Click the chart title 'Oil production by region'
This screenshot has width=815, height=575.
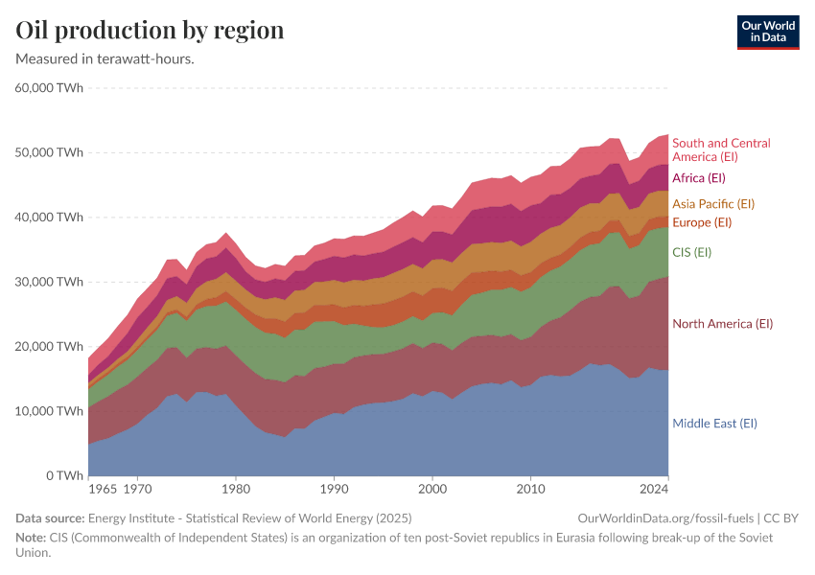[x=150, y=30]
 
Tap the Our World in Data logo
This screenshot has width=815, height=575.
[x=768, y=32]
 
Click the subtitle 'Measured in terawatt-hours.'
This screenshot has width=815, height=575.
[x=105, y=59]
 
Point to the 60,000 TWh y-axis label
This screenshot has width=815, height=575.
[x=50, y=88]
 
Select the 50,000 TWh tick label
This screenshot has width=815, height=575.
[x=50, y=152]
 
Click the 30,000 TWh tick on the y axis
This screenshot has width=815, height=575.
[x=50, y=282]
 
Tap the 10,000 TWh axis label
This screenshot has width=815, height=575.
[x=50, y=411]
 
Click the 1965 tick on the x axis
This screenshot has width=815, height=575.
[x=102, y=490]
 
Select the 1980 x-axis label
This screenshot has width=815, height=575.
[x=236, y=490]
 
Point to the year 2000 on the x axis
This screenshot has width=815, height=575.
[x=432, y=490]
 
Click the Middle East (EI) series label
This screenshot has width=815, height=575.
[x=714, y=424]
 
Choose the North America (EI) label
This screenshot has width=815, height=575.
[x=722, y=324]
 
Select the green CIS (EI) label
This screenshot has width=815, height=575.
[x=691, y=252]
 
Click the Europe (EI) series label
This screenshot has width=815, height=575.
[x=702, y=222]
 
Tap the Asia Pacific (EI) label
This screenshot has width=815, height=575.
[x=712, y=204]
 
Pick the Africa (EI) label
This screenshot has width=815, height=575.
[x=698, y=178]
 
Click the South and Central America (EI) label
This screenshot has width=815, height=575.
[x=720, y=149]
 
